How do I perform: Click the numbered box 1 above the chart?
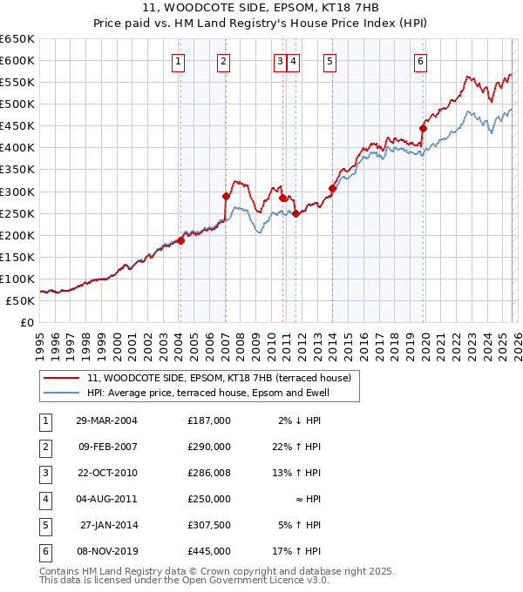point(178,61)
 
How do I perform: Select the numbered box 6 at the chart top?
point(420,61)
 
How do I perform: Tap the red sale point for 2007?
point(226,196)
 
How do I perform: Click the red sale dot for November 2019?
point(423,128)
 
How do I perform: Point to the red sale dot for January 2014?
point(333,188)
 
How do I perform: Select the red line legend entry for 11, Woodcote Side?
point(218,378)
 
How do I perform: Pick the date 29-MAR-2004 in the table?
point(106,420)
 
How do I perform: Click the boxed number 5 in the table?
point(44,526)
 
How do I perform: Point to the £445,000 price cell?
point(208,552)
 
